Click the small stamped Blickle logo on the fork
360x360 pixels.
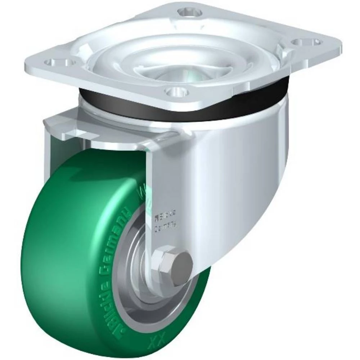162,217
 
